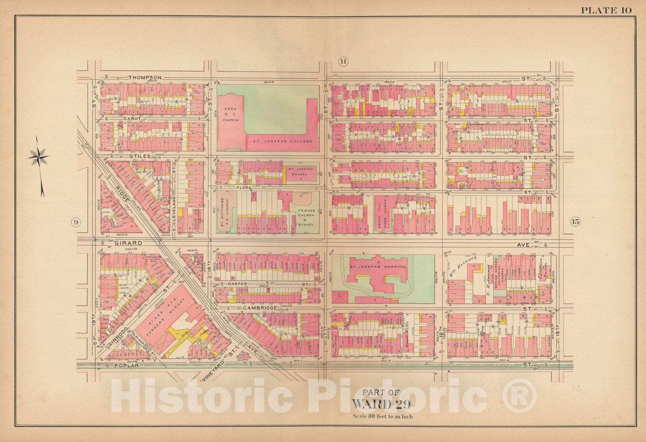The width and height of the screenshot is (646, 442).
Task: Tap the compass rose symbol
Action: [39, 156]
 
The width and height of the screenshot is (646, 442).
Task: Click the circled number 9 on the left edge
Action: [76, 222]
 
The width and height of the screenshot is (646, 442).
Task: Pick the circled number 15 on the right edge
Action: [575, 221]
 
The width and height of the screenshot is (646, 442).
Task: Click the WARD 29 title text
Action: [381, 404]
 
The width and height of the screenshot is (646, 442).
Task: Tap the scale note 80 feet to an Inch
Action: [382, 416]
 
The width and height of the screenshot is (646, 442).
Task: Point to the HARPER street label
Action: [237, 284]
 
